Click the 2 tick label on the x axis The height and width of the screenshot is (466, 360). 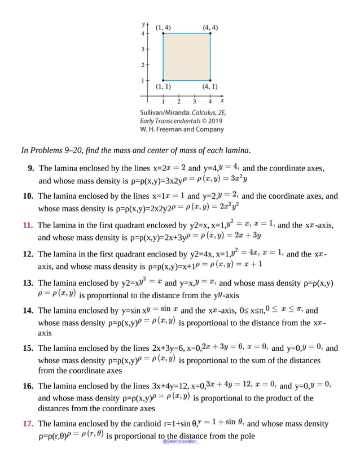point(179,102)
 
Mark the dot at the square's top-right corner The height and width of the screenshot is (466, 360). point(210,34)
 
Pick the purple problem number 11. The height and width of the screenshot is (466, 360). point(28,225)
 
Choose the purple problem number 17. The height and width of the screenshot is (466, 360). point(28,424)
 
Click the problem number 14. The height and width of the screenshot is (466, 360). point(28,310)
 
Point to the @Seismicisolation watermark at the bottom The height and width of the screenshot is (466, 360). point(180,442)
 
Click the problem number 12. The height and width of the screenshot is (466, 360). point(28,254)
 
